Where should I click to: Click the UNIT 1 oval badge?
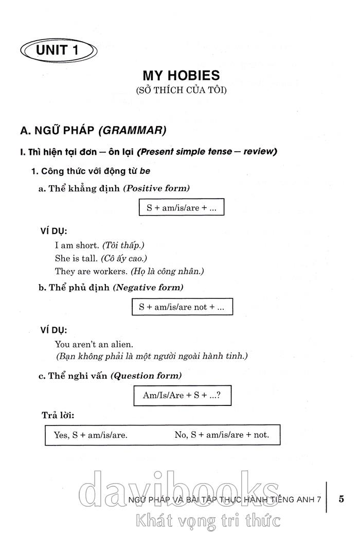click(58, 50)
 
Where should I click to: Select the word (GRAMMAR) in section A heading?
click(132, 130)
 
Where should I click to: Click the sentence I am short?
click(77, 245)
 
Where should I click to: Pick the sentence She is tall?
click(76, 258)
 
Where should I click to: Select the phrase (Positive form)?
click(156, 188)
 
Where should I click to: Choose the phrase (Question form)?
click(146, 376)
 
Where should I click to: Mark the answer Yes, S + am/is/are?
click(91, 435)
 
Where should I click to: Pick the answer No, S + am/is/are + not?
click(222, 435)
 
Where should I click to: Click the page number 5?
click(341, 498)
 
